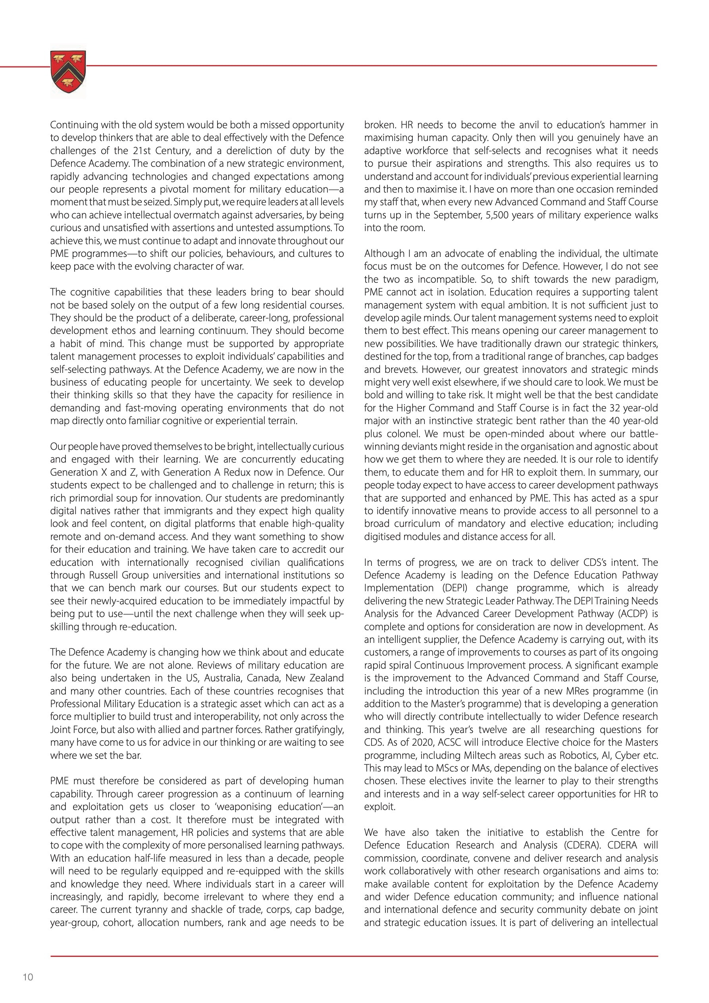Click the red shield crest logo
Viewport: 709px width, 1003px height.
[x=68, y=71]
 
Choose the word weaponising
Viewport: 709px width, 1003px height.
[x=251, y=806]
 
